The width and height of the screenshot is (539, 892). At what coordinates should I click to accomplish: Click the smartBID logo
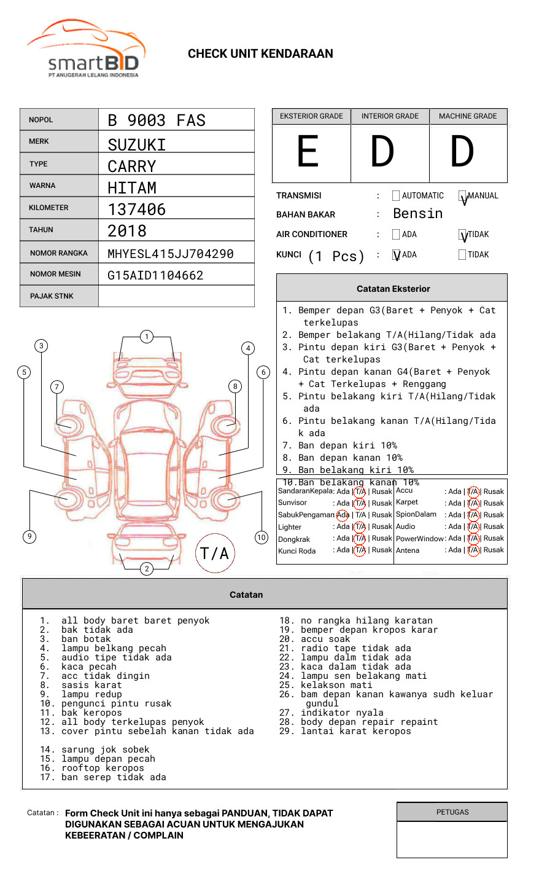click(x=86, y=49)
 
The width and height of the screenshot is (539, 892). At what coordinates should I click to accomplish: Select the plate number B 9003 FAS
click(x=157, y=120)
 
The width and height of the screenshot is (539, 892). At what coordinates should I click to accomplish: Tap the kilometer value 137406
click(x=136, y=209)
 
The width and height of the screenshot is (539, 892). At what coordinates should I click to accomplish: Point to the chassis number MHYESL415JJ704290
click(x=171, y=254)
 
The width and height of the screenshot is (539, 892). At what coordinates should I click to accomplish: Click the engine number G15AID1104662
click(x=155, y=275)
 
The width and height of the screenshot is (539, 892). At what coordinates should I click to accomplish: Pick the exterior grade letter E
click(x=308, y=152)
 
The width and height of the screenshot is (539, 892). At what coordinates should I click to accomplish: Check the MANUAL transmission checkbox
click(x=463, y=197)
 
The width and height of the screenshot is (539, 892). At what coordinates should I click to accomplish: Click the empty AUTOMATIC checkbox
click(x=396, y=196)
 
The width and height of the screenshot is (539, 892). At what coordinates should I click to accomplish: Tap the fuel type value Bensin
click(x=417, y=214)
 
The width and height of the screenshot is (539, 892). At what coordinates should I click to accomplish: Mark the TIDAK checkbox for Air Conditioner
click(x=463, y=235)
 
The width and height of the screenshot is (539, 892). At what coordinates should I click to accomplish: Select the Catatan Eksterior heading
click(x=393, y=289)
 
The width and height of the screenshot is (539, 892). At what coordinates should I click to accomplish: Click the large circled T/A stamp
click(x=215, y=554)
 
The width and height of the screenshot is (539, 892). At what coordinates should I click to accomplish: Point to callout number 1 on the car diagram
click(x=146, y=336)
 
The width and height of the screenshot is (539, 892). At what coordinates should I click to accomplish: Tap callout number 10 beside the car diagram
click(x=262, y=538)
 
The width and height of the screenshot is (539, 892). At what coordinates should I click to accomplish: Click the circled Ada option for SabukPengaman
click(x=343, y=515)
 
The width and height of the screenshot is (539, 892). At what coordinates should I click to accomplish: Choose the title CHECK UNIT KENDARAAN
click(x=260, y=54)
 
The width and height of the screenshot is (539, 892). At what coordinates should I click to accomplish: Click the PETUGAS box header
click(x=452, y=812)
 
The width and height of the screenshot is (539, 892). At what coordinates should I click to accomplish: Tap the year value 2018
click(x=127, y=231)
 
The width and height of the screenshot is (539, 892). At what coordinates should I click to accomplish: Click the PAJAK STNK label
click(x=52, y=296)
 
